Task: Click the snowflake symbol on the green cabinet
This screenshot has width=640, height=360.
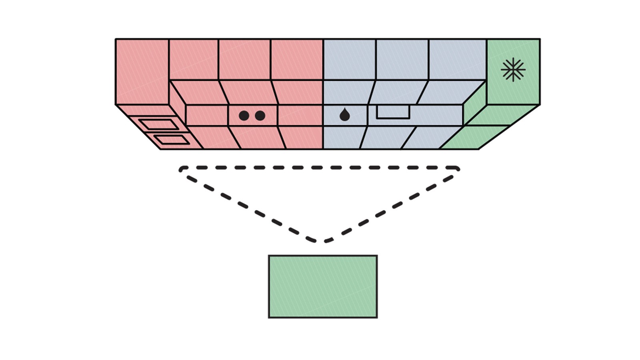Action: tap(513, 70)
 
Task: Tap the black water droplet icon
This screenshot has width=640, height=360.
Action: tap(344, 115)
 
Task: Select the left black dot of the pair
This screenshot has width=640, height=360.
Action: tap(244, 116)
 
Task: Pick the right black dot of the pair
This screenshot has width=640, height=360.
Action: tap(260, 116)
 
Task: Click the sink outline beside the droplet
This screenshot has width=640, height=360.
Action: tap(393, 112)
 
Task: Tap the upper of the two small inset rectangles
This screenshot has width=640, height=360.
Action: tap(159, 124)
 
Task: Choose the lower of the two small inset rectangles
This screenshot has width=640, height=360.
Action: tap(172, 140)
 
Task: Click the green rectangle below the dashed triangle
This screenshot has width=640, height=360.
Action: tap(322, 286)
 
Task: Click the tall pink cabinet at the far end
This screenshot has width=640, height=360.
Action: tap(142, 71)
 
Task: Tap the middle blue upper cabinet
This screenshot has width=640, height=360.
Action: tap(402, 59)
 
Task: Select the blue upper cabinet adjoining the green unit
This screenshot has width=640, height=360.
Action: tap(457, 59)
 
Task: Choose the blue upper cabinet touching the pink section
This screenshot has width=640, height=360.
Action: tap(349, 59)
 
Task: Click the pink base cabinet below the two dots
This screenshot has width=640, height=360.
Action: tap(258, 137)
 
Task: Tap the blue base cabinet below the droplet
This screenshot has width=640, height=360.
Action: tap(342, 137)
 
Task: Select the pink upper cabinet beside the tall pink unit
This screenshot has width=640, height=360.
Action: tap(194, 59)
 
